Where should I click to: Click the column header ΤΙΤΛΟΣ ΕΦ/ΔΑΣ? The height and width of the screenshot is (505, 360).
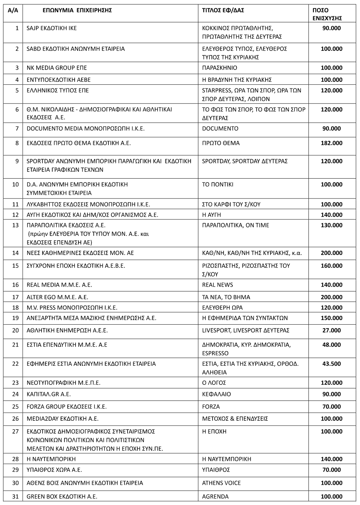click(223, 10)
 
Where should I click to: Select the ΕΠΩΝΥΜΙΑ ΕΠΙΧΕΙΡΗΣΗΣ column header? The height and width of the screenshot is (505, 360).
click(77, 10)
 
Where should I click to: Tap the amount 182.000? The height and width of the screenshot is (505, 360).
click(331, 143)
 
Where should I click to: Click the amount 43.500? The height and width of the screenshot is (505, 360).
click(331, 364)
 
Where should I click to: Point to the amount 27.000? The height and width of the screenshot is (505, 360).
click(331, 331)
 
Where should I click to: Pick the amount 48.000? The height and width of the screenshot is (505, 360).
click(331, 345)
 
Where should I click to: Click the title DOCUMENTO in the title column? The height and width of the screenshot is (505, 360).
click(220, 129)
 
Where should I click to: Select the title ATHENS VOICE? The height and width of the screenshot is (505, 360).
click(221, 483)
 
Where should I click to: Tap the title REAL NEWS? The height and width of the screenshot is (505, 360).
click(217, 285)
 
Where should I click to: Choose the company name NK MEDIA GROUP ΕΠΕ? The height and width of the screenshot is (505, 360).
click(57, 68)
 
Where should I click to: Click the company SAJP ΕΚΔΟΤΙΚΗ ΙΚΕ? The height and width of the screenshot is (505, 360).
click(52, 28)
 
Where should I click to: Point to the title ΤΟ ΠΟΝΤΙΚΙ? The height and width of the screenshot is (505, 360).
click(218, 185)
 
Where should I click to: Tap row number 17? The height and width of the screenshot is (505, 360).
click(15, 297)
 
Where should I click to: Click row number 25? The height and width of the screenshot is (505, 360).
click(15, 407)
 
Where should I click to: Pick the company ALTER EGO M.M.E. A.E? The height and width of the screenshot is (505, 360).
click(58, 297)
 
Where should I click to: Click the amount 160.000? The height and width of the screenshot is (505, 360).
click(331, 266)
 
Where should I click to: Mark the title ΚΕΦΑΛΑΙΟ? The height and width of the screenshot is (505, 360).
click(216, 394)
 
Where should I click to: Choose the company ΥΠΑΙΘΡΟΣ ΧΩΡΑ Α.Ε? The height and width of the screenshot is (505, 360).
click(54, 470)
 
